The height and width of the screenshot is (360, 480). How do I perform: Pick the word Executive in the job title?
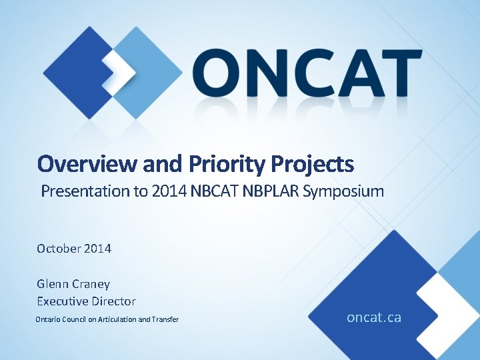tap(63, 301)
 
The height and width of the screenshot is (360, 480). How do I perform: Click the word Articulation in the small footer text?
tap(117, 320)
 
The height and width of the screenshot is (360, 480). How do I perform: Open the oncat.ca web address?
tap(374, 317)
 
